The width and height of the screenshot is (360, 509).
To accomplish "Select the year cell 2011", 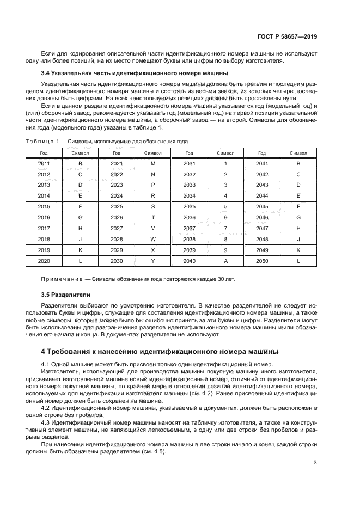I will coord(44,163).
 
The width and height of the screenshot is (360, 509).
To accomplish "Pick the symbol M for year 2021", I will coord(153,163).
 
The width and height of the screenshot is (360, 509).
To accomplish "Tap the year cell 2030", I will coord(117,261).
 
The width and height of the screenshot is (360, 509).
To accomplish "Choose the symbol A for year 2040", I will coord(225,261).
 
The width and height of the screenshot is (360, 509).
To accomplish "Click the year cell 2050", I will coord(262,261).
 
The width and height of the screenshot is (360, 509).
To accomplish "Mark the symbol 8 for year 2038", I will coord(225,240).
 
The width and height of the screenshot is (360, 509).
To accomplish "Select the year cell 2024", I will coord(117,196).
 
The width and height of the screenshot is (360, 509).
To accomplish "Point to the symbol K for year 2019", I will coord(81,250).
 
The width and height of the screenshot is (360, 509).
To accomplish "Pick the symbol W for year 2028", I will coord(153,240).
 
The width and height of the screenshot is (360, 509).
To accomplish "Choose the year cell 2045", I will coord(262,207).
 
